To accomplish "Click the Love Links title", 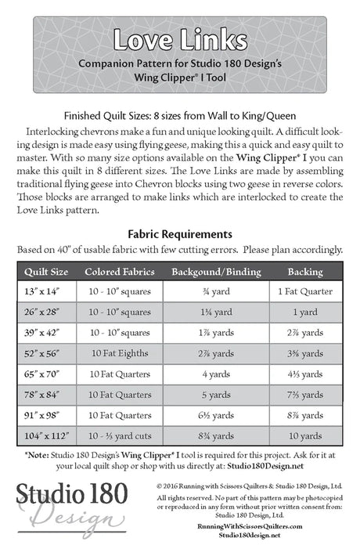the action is coord(180,39).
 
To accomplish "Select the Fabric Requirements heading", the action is coord(180,233).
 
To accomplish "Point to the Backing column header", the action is coord(304,272).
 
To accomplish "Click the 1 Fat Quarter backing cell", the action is coord(304,292).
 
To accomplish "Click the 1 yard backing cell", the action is coord(304,312).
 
